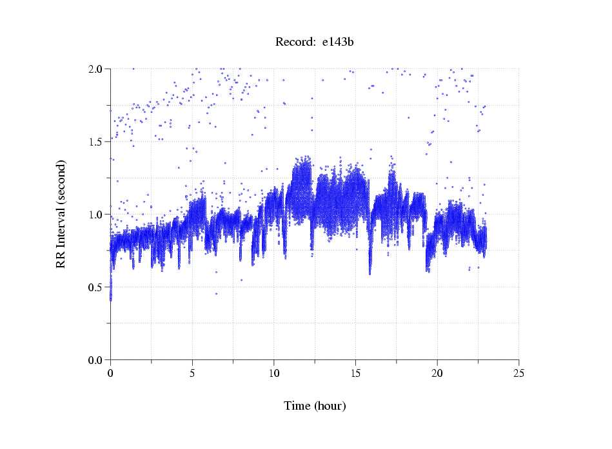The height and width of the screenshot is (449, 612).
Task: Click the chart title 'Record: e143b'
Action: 315,43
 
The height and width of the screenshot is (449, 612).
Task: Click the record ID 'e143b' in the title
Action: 338,43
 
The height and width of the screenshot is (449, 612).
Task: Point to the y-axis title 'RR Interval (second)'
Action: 61,214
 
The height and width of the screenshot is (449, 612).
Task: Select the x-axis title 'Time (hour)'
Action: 315,406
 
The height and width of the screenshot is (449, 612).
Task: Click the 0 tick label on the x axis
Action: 110,373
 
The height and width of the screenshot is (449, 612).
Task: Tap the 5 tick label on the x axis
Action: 192,373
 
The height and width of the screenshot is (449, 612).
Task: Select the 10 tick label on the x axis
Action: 273,373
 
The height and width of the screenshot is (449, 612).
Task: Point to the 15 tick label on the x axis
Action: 355,373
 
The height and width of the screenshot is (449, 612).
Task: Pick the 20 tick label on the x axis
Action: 437,373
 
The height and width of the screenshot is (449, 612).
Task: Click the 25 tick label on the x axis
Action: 518,373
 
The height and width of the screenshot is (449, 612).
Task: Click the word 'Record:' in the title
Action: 295,43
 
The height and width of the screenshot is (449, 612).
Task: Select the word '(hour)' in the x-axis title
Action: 330,406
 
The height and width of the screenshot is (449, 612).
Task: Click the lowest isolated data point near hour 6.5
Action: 216,294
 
